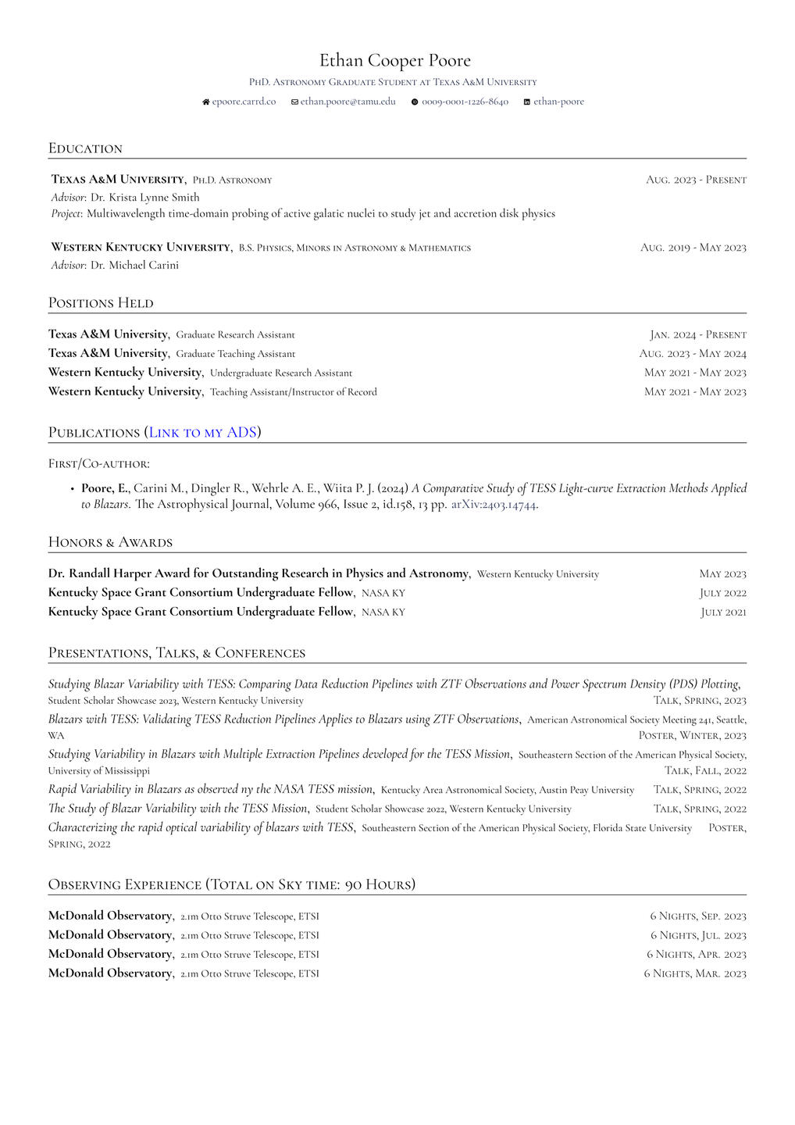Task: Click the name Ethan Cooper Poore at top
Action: (x=395, y=60)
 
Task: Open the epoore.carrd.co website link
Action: (x=244, y=102)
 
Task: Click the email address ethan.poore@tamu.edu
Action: (x=348, y=102)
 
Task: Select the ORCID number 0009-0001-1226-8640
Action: (x=465, y=102)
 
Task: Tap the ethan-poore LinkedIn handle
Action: (x=558, y=102)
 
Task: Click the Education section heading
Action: (x=85, y=148)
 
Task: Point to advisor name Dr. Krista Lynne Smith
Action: (x=144, y=197)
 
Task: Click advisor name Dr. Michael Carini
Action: (x=134, y=265)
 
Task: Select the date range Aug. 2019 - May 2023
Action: (x=693, y=248)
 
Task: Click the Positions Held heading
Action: (x=101, y=303)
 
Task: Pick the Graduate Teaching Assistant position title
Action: (x=235, y=354)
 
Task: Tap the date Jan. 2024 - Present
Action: (x=698, y=334)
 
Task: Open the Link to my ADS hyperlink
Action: (x=202, y=432)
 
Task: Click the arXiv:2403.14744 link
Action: (x=494, y=505)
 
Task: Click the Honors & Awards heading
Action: (x=110, y=542)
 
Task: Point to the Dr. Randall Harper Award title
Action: (x=258, y=573)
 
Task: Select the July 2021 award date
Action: (x=723, y=612)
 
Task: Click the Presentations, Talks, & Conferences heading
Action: (x=176, y=652)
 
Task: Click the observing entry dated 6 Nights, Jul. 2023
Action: (x=697, y=935)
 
